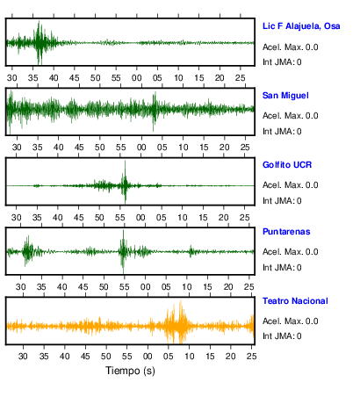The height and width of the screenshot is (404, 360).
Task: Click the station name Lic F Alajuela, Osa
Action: tap(301, 26)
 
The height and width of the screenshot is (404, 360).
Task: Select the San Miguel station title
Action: tap(285, 96)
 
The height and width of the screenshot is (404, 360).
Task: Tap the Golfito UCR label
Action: tap(287, 165)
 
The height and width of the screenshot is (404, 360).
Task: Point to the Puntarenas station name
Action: tap(286, 232)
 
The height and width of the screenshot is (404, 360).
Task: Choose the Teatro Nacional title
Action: tap(295, 301)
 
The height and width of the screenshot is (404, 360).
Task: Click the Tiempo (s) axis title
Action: tap(130, 371)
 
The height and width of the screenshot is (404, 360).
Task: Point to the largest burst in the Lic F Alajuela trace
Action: tap(40, 43)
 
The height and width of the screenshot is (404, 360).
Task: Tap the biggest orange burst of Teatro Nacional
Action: tap(177, 321)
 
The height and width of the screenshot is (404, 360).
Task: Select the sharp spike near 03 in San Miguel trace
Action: tap(154, 111)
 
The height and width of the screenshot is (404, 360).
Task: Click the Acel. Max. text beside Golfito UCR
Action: tap(290, 185)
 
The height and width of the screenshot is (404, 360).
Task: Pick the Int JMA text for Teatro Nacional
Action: tap(282, 335)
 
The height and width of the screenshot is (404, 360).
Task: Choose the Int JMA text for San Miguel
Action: tap(282, 132)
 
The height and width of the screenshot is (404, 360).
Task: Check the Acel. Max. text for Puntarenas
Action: tap(290, 252)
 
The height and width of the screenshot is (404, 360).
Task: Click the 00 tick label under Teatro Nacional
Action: tap(148, 357)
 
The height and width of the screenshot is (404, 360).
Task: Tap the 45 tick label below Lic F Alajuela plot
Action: tap(75, 78)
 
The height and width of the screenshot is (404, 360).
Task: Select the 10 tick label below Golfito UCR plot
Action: tap(182, 218)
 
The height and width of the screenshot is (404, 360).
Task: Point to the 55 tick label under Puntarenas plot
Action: tap(125, 287)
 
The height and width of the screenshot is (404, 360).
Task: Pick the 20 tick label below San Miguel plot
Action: tap(225, 148)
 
